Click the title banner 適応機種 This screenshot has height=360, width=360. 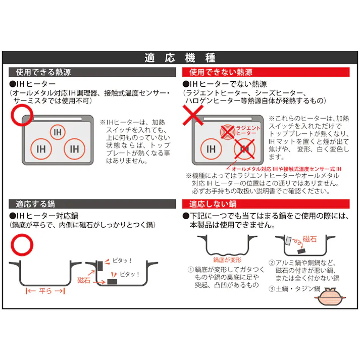pyautogui.click(x=180, y=58)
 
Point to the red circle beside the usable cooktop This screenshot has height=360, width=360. pyautogui.click(x=21, y=115)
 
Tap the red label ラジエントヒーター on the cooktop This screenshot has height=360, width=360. pyautogui.click(x=248, y=131)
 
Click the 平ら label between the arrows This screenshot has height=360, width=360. pyautogui.click(x=46, y=291)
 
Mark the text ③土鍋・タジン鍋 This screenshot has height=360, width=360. pyautogui.click(x=294, y=289)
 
